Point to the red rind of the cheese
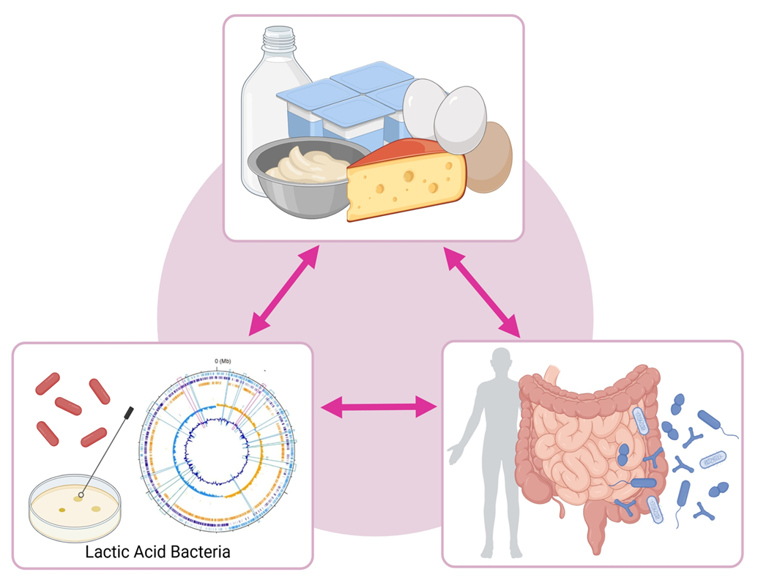406,150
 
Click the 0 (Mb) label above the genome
223,361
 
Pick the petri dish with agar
75,508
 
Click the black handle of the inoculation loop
129,412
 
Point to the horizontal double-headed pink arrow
379,406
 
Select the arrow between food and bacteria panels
283,290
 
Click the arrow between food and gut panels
481,292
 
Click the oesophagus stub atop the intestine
552,375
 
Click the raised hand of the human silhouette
455,455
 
